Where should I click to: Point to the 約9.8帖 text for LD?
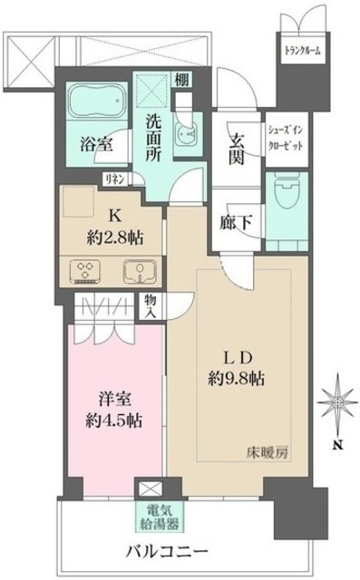click(238, 378)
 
